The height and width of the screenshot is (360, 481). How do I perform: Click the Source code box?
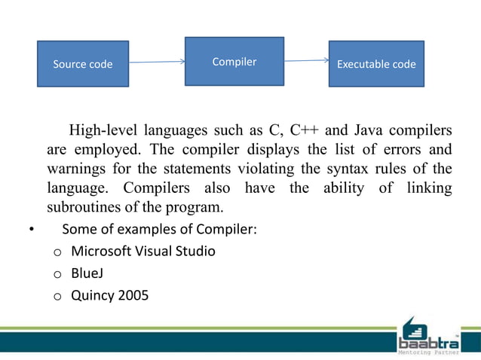coord(83,64)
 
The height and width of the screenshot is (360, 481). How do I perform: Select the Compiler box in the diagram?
coord(234,62)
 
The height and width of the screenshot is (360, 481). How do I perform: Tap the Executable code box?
coord(376,64)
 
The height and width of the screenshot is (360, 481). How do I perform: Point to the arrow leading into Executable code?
coord(306,61)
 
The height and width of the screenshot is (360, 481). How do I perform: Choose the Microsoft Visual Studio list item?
coord(142,251)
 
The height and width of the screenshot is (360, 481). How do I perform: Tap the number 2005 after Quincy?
coord(133,294)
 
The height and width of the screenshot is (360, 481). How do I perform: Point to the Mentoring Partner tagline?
coord(427,348)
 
